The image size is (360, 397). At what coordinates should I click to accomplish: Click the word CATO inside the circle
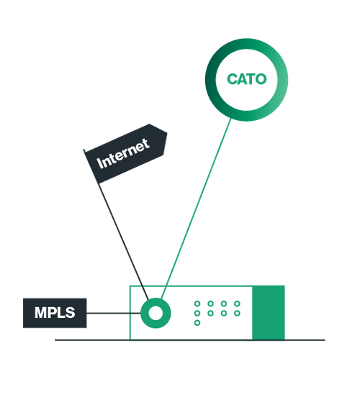pos(247,79)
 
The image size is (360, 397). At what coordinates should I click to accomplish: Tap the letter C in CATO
pos(232,79)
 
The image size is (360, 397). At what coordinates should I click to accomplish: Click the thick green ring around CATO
pos(210,79)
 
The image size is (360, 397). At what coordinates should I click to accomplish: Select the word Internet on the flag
pos(123,154)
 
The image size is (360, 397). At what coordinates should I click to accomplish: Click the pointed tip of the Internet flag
pos(167,132)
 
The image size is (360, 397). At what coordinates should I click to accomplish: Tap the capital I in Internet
pos(99,163)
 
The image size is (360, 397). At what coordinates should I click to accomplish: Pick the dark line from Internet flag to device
pos(123,240)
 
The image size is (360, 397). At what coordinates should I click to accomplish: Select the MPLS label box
pos(55,313)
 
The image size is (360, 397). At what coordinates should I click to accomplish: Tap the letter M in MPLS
pos(40,313)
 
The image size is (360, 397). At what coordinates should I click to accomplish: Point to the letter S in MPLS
pos(71,313)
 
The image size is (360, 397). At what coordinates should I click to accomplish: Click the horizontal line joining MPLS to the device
pos(114,313)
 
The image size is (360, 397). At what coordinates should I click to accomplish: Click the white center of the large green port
pos(156,313)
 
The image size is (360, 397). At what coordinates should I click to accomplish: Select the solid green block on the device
pos(269,313)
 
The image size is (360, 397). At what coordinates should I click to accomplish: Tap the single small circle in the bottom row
pos(197,322)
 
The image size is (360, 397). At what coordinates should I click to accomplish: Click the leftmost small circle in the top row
pos(197,304)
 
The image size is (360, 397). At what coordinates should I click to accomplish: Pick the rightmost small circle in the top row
pos(237,304)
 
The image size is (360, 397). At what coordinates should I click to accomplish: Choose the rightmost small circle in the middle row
pos(237,313)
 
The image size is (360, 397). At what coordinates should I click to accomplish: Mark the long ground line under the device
pos(190,340)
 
